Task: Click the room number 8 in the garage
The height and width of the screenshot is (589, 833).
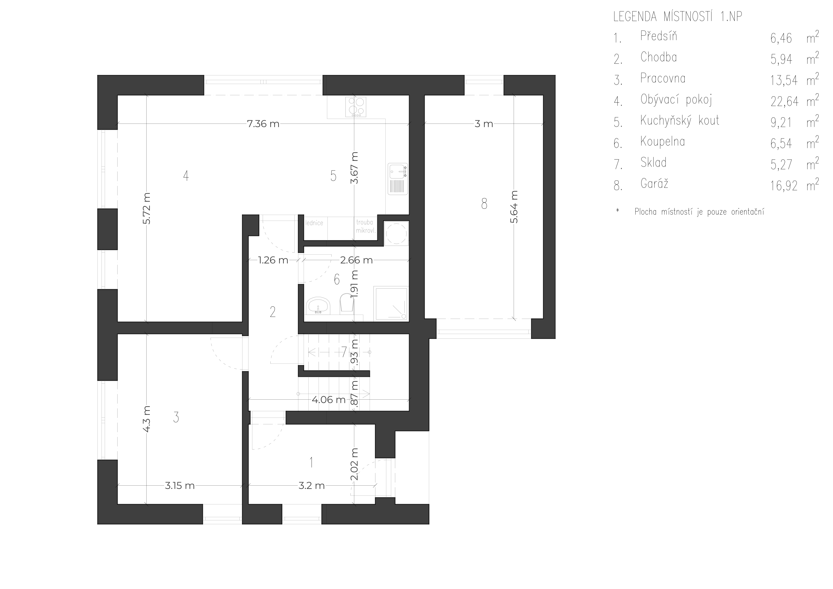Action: (484, 204)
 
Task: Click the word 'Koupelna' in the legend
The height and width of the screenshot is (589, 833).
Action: (662, 141)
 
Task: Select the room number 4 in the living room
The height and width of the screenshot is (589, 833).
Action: (186, 176)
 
